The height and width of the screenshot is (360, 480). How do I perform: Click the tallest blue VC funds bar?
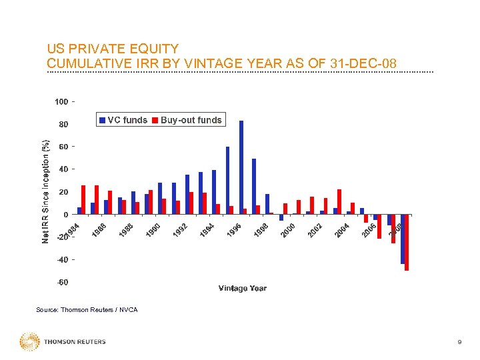click(241, 167)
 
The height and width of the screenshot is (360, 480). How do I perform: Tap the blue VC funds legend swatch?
click(102, 120)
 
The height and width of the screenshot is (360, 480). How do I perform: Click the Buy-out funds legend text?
click(191, 120)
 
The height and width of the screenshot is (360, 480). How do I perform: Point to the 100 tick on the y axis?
click(61, 101)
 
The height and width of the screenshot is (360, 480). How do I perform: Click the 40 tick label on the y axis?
click(63, 169)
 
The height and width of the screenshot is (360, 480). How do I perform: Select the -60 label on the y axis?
click(61, 282)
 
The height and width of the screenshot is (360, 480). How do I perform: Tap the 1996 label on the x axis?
click(234, 231)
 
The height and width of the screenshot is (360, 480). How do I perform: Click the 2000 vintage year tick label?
click(288, 231)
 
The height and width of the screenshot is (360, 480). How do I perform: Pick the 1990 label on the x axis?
click(153, 231)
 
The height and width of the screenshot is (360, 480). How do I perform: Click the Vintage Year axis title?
click(242, 288)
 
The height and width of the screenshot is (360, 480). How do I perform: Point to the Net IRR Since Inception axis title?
click(45, 191)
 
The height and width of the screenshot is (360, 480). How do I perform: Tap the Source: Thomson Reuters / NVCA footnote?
click(87, 310)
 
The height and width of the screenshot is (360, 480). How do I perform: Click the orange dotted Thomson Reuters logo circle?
click(29, 341)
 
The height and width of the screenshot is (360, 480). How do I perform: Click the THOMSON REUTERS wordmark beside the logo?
click(75, 342)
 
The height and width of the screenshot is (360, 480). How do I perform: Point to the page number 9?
click(459, 342)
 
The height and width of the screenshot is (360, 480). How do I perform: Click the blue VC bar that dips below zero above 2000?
click(281, 217)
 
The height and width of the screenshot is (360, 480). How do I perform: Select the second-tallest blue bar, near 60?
click(227, 180)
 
